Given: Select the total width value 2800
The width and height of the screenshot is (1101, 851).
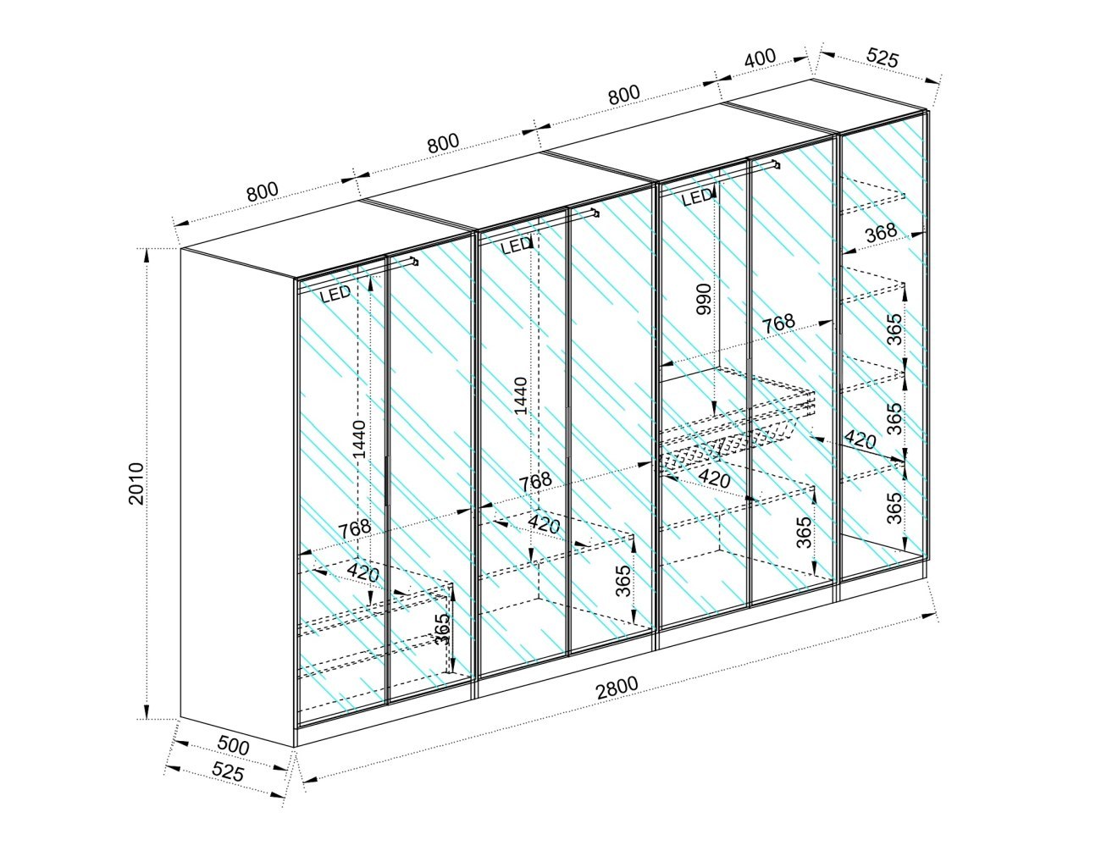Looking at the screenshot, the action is (617, 688).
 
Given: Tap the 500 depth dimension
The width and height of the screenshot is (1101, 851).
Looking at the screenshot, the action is (234, 745).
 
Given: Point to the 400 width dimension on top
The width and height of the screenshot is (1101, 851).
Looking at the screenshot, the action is (760, 58).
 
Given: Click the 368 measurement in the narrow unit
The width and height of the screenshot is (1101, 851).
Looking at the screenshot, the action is (881, 233).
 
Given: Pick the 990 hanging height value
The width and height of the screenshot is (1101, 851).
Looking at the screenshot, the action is (704, 299).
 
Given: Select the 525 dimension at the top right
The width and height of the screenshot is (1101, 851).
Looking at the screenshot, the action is (882, 58).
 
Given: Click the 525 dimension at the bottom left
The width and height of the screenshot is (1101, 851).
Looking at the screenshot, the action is (228, 771).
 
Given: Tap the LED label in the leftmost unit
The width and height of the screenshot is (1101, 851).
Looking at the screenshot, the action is (335, 294).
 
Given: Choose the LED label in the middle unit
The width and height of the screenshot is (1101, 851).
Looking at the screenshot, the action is (516, 246).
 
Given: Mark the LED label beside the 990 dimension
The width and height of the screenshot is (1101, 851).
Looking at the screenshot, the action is (697, 198).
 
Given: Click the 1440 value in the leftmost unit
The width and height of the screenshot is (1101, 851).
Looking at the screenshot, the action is (359, 439).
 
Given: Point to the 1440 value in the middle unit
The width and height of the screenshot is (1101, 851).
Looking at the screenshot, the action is (520, 395).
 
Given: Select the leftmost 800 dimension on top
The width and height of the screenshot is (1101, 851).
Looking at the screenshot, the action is (263, 191).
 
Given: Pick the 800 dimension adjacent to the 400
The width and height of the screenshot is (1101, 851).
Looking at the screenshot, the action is (624, 95).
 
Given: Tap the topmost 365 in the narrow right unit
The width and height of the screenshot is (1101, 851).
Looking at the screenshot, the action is (896, 329).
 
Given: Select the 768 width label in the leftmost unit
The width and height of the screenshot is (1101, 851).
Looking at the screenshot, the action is (354, 529).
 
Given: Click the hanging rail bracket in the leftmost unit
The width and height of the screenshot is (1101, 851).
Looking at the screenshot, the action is (414, 262).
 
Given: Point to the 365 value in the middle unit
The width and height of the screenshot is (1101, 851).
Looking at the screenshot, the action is (624, 581).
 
